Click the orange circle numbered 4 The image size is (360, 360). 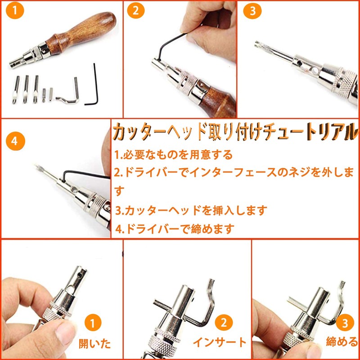(15, 141)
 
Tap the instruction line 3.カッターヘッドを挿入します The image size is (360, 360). (191, 210)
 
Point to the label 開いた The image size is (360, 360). (94, 343)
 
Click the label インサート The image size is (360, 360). (220, 342)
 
